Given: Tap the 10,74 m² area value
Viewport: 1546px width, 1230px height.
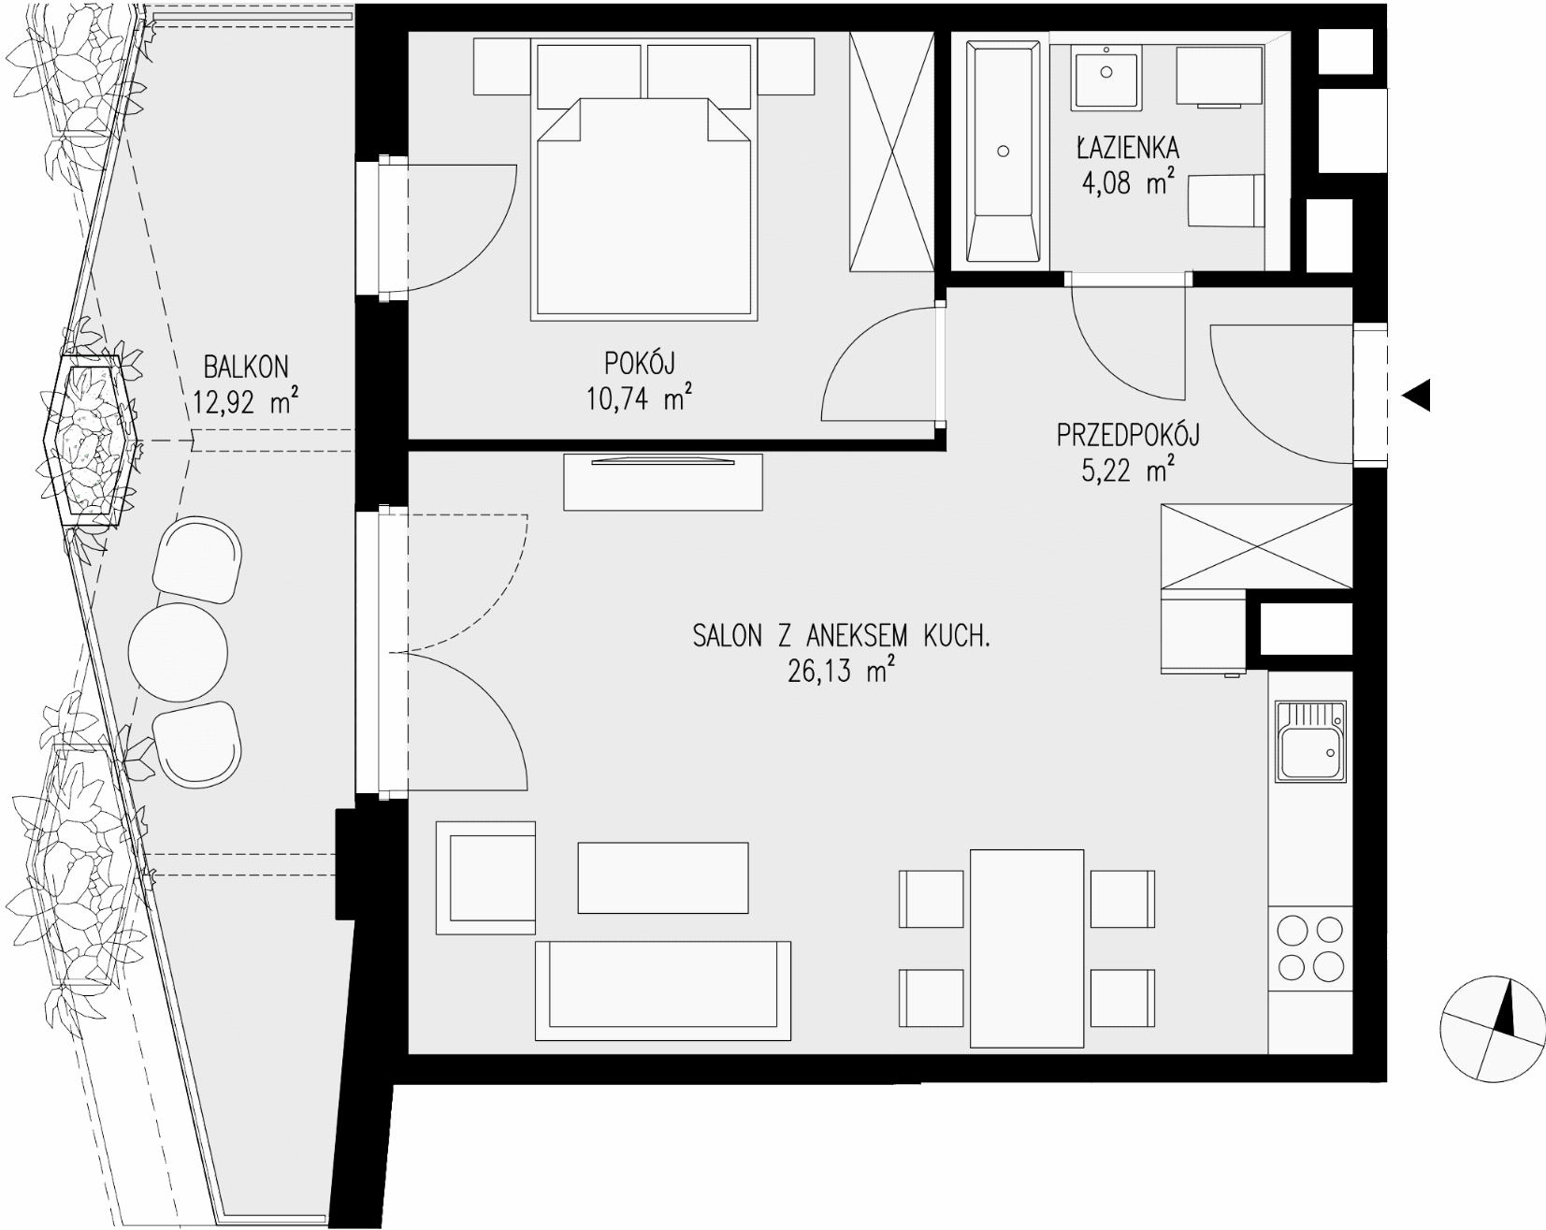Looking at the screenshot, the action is (639, 398).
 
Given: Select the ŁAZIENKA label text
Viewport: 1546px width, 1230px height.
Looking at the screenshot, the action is (1127, 148).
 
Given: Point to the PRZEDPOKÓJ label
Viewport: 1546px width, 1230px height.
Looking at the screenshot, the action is (1128, 435).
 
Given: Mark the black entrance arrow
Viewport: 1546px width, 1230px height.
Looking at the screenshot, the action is (1416, 396).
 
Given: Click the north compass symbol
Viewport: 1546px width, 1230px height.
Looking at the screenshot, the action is (1493, 1029).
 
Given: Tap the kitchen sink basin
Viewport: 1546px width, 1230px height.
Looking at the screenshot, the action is (1310, 744).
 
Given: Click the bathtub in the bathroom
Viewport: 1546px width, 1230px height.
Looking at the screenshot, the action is (1003, 150).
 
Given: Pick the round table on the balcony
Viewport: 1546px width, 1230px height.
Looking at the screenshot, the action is (178, 651).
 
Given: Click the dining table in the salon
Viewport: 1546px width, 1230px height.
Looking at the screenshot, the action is (1027, 948).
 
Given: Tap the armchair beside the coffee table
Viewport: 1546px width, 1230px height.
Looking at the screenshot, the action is (486, 876).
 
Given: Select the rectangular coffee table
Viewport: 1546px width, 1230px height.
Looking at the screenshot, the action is (663, 877).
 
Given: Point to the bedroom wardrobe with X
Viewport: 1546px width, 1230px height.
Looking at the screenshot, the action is (891, 152).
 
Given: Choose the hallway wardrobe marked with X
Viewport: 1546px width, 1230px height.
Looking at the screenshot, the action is (1256, 546).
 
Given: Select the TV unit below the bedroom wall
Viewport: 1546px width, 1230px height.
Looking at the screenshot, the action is (663, 482).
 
